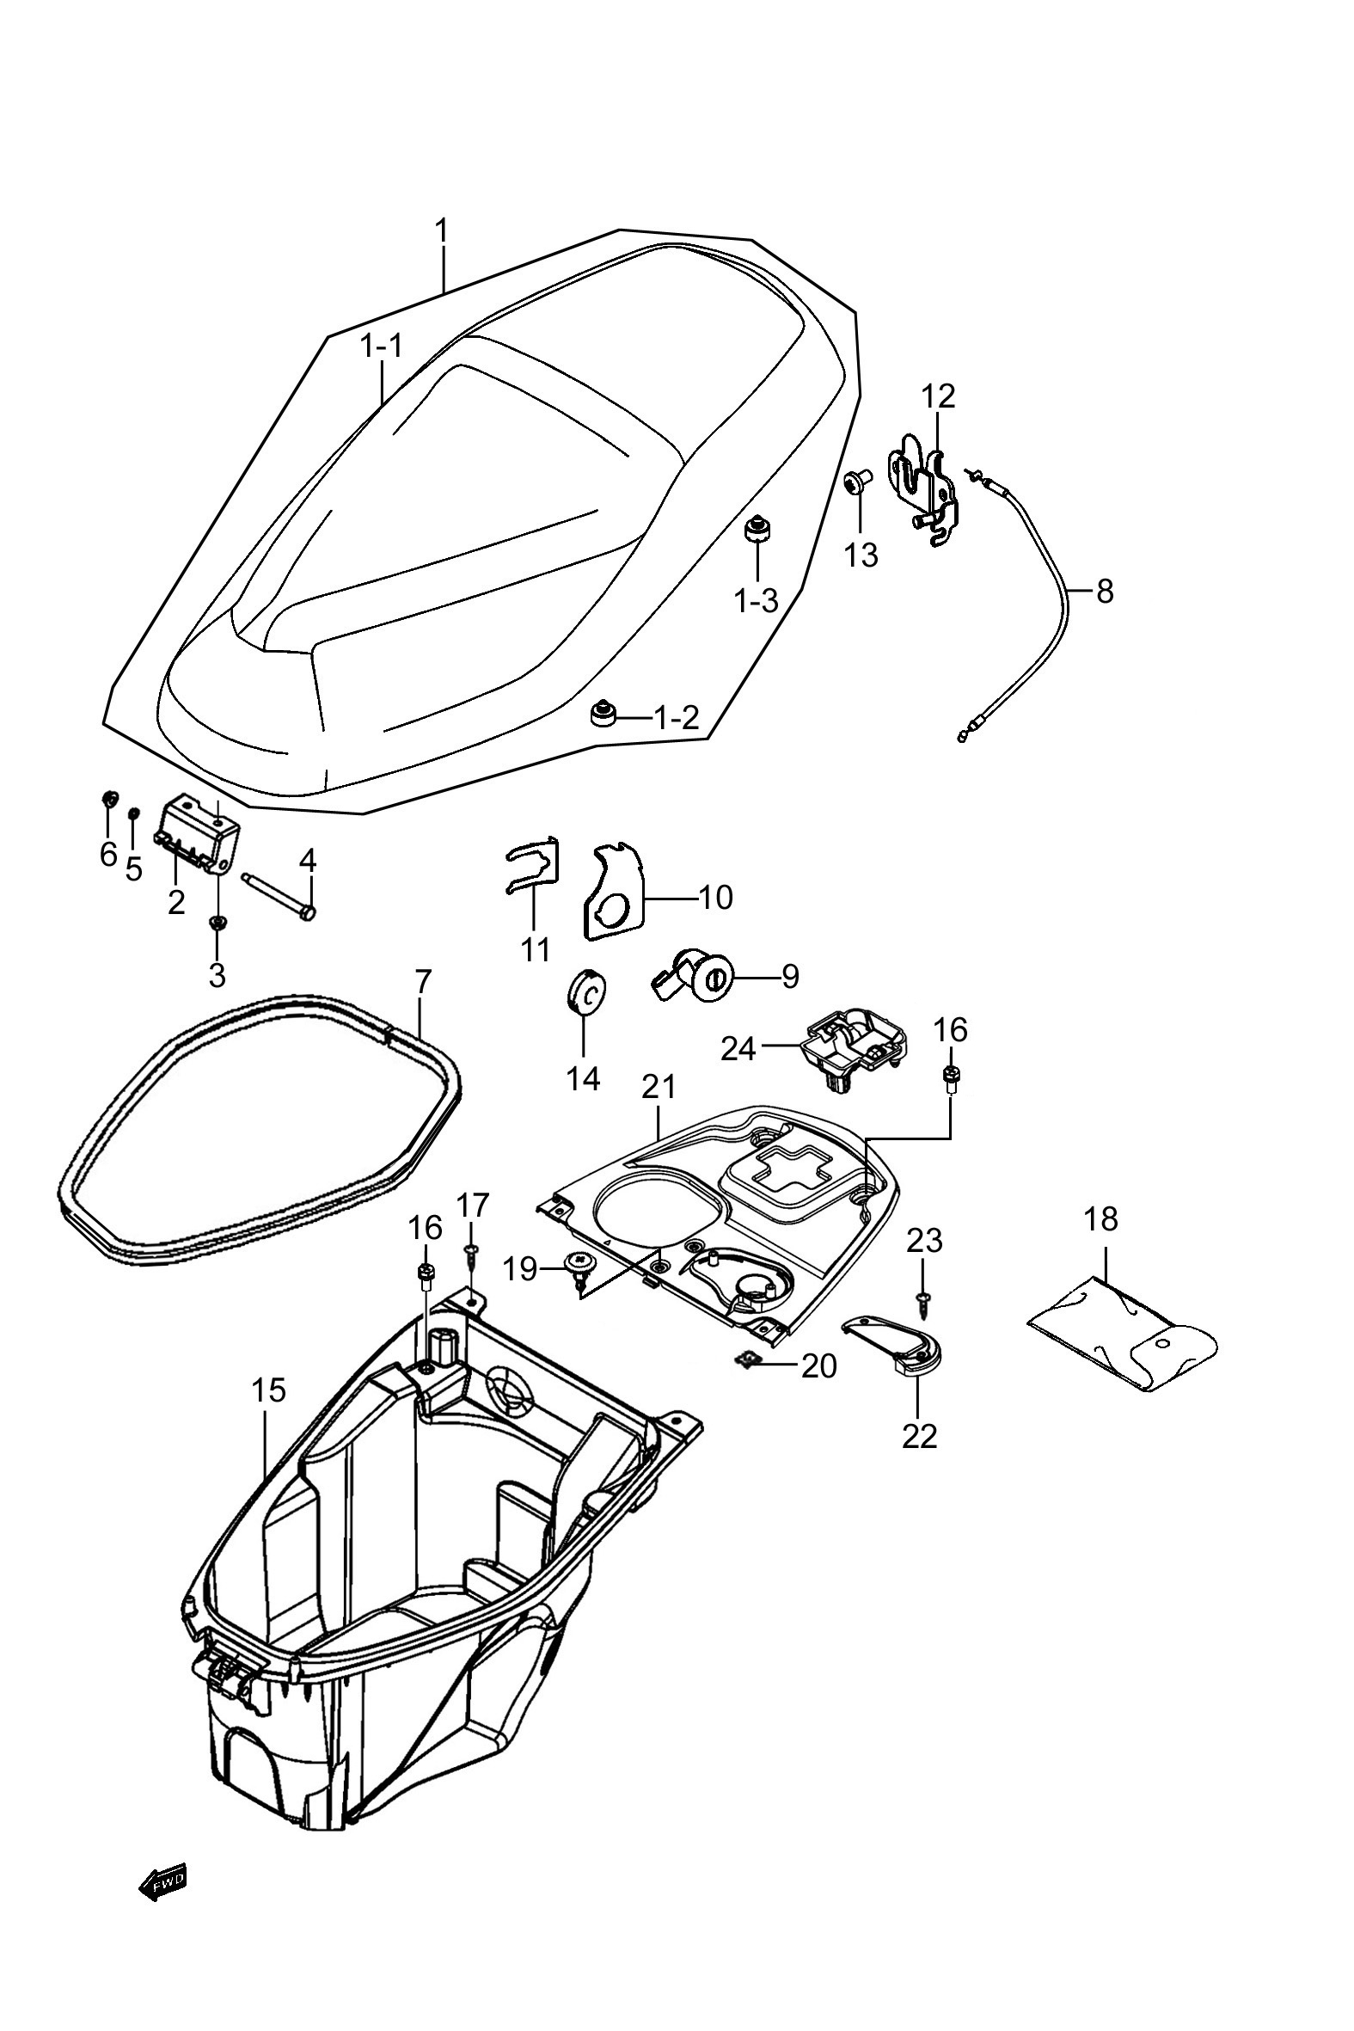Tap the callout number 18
click(x=1101, y=1219)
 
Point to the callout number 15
click(x=267, y=1390)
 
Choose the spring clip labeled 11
click(x=531, y=865)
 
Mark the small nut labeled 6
click(x=110, y=797)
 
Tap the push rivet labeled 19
click(x=579, y=1268)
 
